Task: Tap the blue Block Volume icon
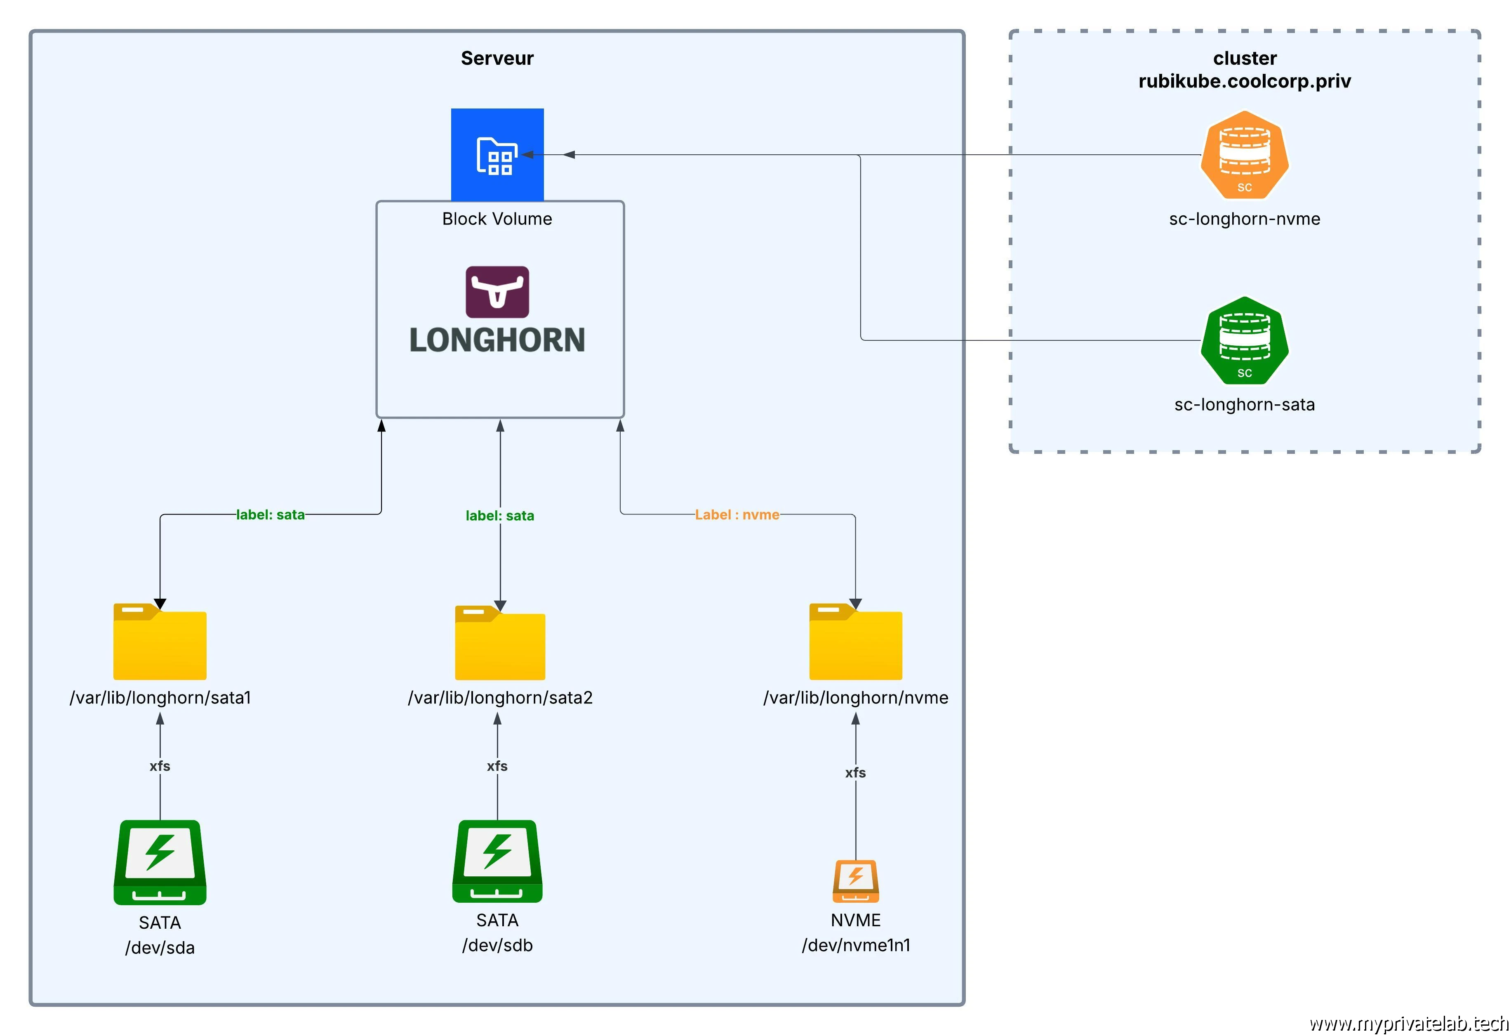497,155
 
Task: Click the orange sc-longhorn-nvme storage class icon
1244,155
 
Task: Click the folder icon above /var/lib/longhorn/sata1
160,642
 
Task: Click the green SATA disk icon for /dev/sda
160,862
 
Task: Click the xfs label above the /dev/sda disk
160,766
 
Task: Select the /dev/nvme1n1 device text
856,945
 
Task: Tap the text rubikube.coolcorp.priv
1244,81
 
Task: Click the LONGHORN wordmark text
497,340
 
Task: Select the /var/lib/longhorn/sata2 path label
499,698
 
